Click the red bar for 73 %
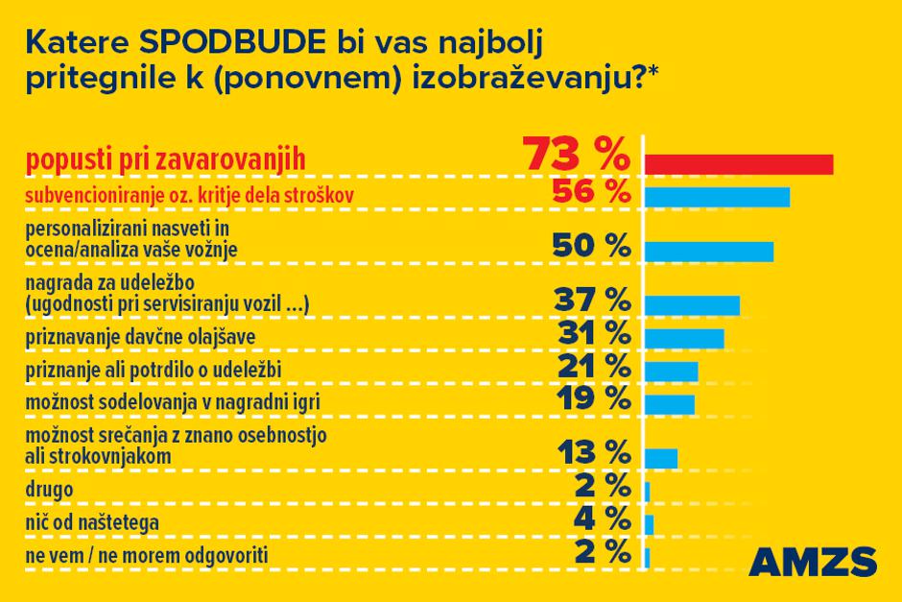(x=738, y=164)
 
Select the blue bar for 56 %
(x=717, y=197)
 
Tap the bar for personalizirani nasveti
(x=708, y=252)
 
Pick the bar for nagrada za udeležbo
(x=692, y=305)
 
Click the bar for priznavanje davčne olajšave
(x=684, y=338)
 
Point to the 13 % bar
(x=661, y=458)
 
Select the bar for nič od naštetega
(x=650, y=524)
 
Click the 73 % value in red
(x=576, y=156)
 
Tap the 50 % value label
(x=591, y=245)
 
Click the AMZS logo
(x=811, y=562)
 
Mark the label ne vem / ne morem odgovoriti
(x=146, y=555)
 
